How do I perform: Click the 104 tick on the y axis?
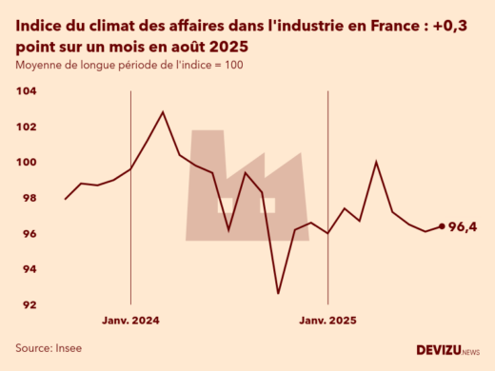point(26,91)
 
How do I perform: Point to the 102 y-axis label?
point(26,127)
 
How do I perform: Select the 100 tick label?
point(26,163)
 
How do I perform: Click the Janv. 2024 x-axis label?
point(130,322)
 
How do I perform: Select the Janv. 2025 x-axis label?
point(328,322)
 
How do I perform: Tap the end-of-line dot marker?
point(441,226)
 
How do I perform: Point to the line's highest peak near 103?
point(163,112)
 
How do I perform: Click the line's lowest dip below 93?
point(278,293)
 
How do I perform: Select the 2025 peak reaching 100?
point(376,162)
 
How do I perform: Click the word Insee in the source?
point(67,349)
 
